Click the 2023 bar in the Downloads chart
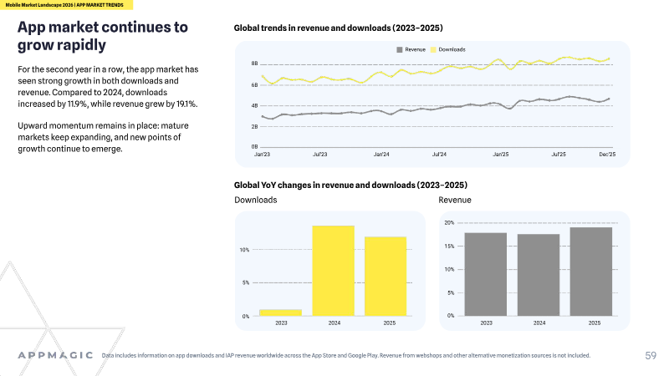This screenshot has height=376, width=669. [x=281, y=312]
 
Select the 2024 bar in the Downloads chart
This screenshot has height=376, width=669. [x=333, y=271]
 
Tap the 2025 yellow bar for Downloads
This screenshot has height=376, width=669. [x=386, y=277]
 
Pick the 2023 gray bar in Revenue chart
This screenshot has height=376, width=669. [x=486, y=274]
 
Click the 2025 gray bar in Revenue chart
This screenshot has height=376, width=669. [x=591, y=272]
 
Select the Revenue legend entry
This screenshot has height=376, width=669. [x=411, y=49]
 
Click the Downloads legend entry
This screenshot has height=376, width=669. [x=448, y=49]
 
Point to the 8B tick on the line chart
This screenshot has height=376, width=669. [x=255, y=64]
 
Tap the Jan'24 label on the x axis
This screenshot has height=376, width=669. [x=381, y=155]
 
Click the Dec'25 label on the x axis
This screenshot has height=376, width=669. [x=607, y=155]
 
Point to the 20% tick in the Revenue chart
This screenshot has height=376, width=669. [x=449, y=222]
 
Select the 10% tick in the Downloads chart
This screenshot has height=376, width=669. [x=244, y=250]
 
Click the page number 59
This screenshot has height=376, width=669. [x=651, y=356]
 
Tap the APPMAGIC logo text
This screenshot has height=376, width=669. [x=55, y=355]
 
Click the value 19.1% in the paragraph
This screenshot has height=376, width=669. [x=186, y=104]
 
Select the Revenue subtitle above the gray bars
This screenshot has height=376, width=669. [x=455, y=200]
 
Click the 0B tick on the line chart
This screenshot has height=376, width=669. [x=255, y=147]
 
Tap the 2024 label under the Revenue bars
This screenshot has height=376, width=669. [x=539, y=323]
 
